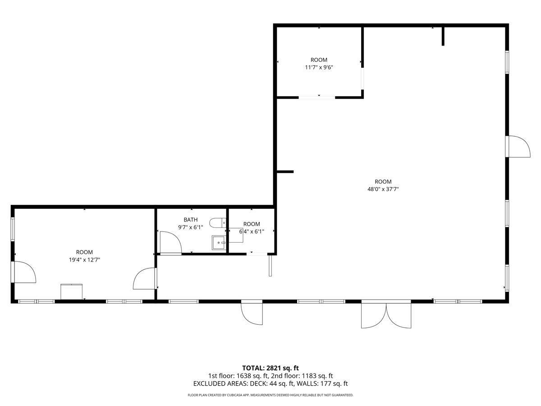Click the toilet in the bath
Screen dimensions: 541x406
click(x=218, y=223)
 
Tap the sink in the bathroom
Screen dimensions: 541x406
click(x=219, y=243)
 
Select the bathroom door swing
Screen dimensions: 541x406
click(x=171, y=243)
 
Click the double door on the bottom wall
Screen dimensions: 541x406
click(x=386, y=315)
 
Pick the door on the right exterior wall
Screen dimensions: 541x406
click(x=517, y=147)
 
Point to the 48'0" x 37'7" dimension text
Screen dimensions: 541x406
click(x=383, y=189)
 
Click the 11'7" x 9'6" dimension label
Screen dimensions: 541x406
click(x=319, y=68)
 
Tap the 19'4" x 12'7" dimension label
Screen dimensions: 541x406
click(x=84, y=260)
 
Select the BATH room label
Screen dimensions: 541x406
click(x=191, y=220)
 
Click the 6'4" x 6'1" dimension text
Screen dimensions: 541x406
click(x=252, y=232)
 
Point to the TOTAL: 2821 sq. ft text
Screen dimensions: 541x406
click(x=270, y=368)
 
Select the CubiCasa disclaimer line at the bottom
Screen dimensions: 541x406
click(x=270, y=395)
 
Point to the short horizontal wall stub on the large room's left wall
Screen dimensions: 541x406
click(x=285, y=172)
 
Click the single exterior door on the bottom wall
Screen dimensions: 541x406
click(x=252, y=313)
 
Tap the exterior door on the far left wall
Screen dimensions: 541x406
click(x=25, y=272)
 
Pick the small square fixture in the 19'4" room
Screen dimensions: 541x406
click(x=72, y=291)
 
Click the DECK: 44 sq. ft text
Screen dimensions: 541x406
click(x=272, y=383)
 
